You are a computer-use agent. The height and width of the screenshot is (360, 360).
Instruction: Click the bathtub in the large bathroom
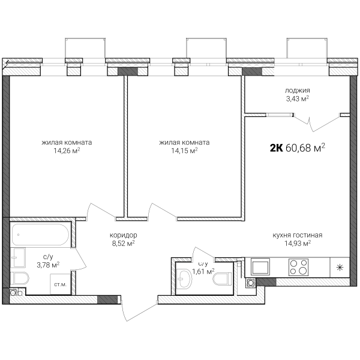[x=40, y=235]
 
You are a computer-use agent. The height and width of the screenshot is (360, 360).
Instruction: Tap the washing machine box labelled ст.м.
[x=61, y=284]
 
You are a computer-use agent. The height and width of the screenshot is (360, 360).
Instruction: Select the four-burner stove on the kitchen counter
[x=298, y=267]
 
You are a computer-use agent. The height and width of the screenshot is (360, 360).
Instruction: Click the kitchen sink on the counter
[x=260, y=266]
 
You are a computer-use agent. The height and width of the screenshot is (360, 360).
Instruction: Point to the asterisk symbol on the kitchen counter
[x=340, y=268]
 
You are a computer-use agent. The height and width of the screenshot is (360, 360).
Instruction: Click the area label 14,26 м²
[x=67, y=151]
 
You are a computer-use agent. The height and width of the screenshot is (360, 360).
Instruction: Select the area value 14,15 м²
[x=184, y=151]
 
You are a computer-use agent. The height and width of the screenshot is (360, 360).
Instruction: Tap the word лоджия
[x=298, y=91]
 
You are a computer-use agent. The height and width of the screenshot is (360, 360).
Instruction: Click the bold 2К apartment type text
[x=276, y=148]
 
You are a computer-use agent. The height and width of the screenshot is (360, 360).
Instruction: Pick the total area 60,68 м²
[x=305, y=148]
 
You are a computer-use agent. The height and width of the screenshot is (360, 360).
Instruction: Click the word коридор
[x=123, y=235]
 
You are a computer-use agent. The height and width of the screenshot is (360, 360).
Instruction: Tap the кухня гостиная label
[x=298, y=235]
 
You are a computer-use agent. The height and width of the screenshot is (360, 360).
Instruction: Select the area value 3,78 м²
[x=48, y=265]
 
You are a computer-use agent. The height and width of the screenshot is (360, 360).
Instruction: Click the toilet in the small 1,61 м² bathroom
[x=223, y=280]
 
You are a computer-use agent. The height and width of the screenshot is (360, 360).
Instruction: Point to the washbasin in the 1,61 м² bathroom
[x=184, y=280]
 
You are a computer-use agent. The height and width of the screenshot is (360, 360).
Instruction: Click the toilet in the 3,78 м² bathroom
[x=20, y=278]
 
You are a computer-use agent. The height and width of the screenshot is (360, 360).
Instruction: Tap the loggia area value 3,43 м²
[x=298, y=99]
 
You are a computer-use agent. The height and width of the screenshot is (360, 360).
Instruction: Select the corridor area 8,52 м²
[x=123, y=244]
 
